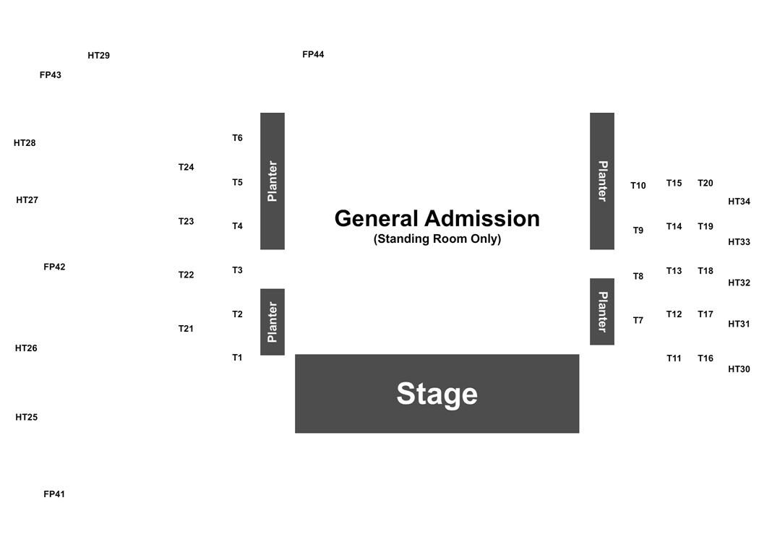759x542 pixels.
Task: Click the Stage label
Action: click(437, 393)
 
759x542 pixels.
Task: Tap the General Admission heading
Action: click(437, 218)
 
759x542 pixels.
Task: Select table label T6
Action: click(237, 138)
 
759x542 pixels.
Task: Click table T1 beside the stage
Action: click(237, 358)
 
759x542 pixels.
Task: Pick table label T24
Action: click(186, 167)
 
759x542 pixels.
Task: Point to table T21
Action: click(186, 329)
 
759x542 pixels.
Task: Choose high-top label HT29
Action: click(99, 56)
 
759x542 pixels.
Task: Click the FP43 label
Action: click(51, 75)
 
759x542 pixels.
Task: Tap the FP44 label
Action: click(313, 55)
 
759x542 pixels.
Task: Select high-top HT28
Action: click(25, 143)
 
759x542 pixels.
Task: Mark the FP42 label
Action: click(54, 267)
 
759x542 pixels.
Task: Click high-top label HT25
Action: click(27, 417)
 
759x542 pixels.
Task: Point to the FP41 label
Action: click(54, 494)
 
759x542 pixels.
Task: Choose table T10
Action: click(638, 185)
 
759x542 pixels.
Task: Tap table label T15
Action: click(674, 183)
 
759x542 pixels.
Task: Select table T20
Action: click(706, 183)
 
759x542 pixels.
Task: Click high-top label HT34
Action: click(739, 202)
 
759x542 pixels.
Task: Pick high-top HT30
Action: click(739, 369)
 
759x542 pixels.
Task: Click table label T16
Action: click(706, 358)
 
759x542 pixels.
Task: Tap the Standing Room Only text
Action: click(437, 238)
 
